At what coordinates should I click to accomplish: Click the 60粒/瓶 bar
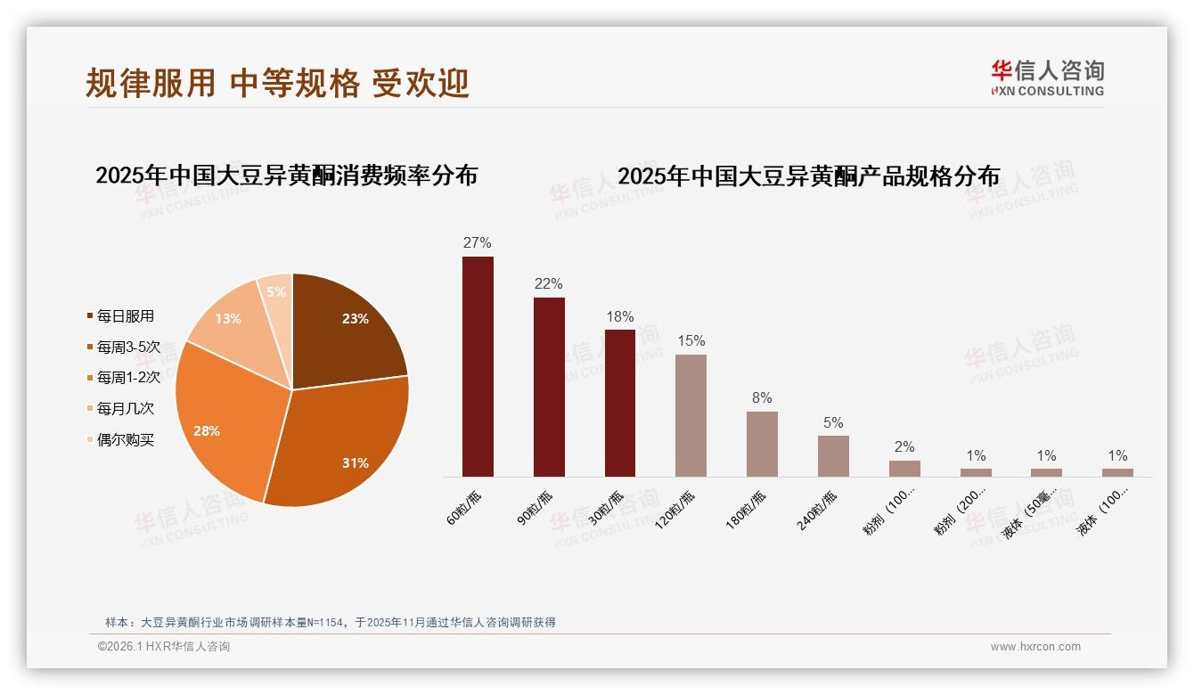point(478,366)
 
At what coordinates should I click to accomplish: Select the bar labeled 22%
point(549,387)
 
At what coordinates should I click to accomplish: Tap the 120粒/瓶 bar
point(691,415)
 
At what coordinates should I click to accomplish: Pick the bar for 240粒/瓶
point(833,455)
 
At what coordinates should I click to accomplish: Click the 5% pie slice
point(277,291)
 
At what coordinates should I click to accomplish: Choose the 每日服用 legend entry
point(125,316)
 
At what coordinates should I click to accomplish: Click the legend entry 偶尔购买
point(125,440)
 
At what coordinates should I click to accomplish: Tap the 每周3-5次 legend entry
point(128,347)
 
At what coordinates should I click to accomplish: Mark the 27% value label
point(478,243)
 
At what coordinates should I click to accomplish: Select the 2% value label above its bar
point(904,447)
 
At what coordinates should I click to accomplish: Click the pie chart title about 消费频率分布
point(286,175)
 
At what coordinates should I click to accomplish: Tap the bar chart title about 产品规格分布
point(808,176)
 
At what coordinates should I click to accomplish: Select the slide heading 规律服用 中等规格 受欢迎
point(277,83)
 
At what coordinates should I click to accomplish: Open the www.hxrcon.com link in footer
point(1035,647)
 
